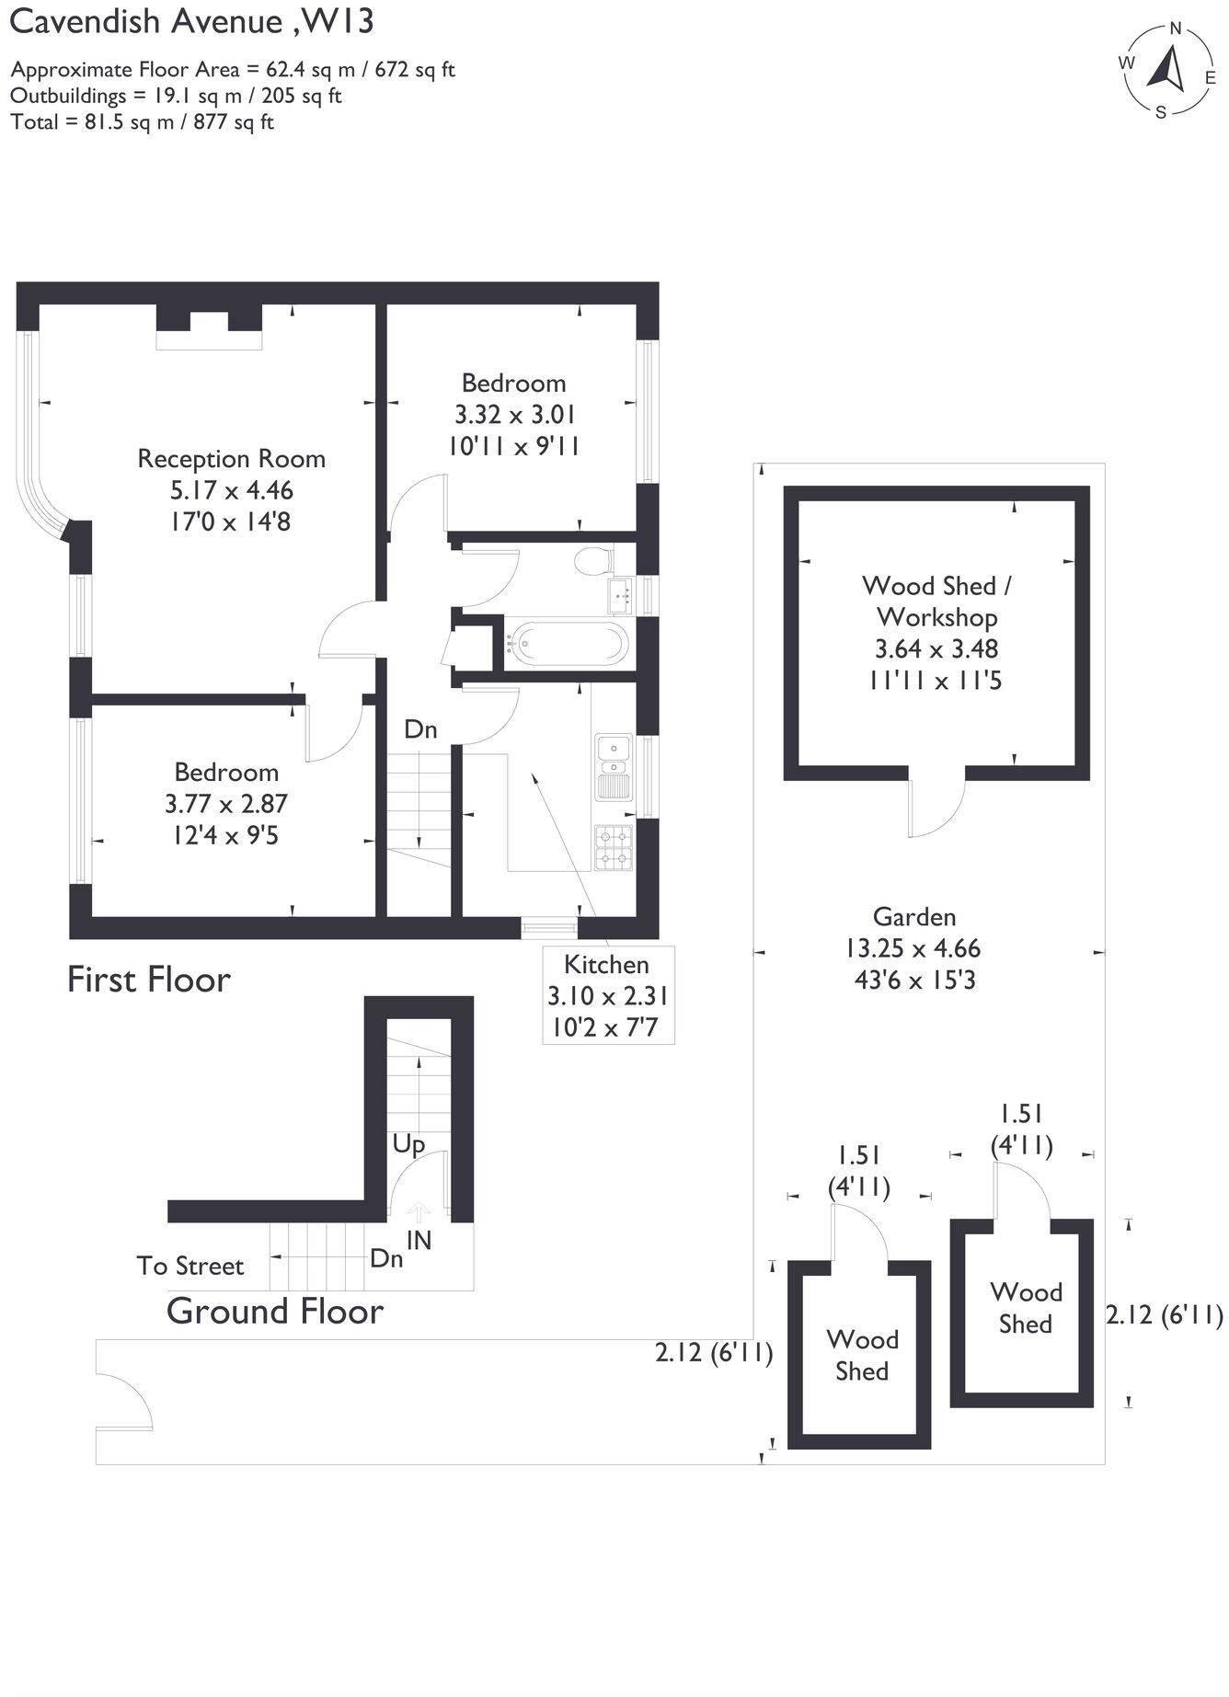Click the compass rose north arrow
point(1169,69)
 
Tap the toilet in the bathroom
point(594,559)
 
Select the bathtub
point(568,642)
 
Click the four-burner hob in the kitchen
point(614,848)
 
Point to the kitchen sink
point(613,765)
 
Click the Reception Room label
point(231,458)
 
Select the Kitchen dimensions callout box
point(607,994)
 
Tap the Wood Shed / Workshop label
point(936,601)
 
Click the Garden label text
point(914,916)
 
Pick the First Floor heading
point(148,979)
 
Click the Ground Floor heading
point(274,1311)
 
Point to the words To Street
point(190,1266)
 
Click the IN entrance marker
point(419,1239)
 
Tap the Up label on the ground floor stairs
point(408,1143)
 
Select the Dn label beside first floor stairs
point(420,729)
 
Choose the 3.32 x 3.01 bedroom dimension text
point(514,414)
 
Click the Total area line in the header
point(143,122)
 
